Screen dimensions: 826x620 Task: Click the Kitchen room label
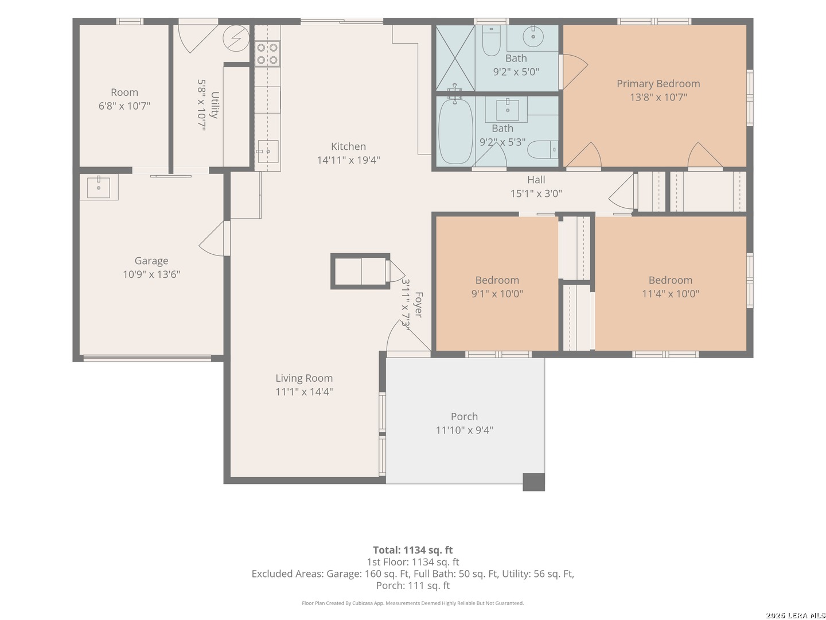pyautogui.click(x=348, y=146)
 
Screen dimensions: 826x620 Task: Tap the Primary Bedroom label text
pyautogui.click(x=658, y=84)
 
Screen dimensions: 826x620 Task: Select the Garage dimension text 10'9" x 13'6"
pyautogui.click(x=151, y=274)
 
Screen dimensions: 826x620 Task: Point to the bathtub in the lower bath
pyautogui.click(x=455, y=130)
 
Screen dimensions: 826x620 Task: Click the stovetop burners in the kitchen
pyautogui.click(x=267, y=53)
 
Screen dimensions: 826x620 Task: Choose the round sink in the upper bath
pyautogui.click(x=533, y=37)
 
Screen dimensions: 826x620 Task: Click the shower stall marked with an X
pyautogui.click(x=455, y=58)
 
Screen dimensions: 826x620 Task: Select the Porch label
pyautogui.click(x=464, y=417)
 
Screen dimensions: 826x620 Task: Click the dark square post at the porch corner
pyautogui.click(x=533, y=482)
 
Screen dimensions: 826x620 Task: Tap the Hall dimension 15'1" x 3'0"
pyautogui.click(x=536, y=193)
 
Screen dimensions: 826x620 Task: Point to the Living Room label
pyautogui.click(x=304, y=378)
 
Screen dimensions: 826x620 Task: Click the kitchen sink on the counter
pyautogui.click(x=268, y=152)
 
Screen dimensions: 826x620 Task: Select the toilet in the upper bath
pyautogui.click(x=491, y=40)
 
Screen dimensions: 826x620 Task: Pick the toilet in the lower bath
pyautogui.click(x=543, y=149)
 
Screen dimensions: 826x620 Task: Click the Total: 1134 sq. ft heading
pyautogui.click(x=413, y=550)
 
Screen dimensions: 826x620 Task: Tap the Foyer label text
pyautogui.click(x=419, y=304)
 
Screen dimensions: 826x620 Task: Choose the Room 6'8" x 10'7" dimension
pyautogui.click(x=124, y=106)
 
